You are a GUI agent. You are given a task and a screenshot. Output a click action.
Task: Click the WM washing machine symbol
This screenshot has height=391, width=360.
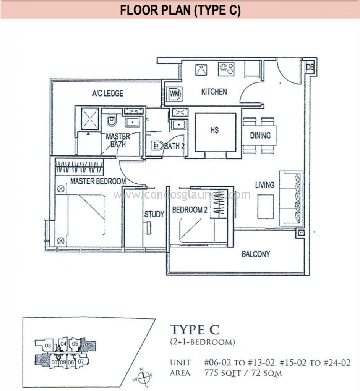(175, 94)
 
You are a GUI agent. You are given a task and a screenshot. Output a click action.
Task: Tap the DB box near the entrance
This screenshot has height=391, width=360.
(310, 67)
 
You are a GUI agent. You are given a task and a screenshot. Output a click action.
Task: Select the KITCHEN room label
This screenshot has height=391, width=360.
(214, 92)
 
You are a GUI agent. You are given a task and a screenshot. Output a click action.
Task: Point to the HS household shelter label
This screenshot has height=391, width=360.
(214, 130)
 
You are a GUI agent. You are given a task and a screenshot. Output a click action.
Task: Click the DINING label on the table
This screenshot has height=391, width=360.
(260, 136)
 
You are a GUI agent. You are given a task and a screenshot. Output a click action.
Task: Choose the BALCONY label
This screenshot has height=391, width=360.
(256, 254)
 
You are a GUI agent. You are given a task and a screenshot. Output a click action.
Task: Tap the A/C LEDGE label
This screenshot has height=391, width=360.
(108, 93)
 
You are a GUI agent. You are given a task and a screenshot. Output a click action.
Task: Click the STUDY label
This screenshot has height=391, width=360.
(154, 214)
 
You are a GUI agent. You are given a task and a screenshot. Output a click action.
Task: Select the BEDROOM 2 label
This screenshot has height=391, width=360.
(190, 210)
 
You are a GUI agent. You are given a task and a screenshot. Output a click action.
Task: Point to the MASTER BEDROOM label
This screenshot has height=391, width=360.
(98, 181)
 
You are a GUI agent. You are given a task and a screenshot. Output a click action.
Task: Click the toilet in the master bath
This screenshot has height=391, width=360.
(112, 120)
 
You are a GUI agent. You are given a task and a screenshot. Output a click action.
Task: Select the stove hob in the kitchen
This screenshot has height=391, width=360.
(226, 69)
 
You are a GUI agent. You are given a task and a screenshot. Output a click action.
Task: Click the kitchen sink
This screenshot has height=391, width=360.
(201, 70)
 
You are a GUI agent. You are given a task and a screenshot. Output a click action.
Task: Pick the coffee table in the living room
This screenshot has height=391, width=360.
(266, 207)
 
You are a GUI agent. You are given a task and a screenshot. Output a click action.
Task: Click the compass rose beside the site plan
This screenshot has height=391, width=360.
(143, 377)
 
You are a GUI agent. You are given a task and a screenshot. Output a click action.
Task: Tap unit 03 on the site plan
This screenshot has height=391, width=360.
(48, 346)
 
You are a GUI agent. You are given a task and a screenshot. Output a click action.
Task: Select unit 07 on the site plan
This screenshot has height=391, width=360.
(81, 361)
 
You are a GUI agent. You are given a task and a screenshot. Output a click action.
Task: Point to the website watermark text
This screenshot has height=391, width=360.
(182, 194)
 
